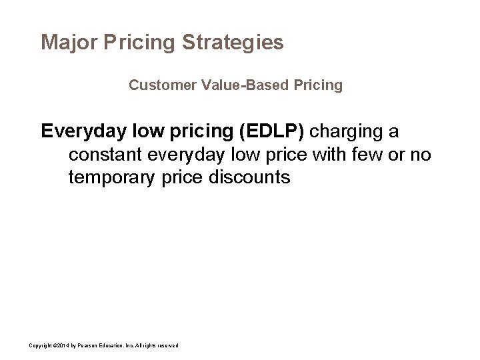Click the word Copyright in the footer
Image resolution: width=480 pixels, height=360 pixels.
(x=39, y=345)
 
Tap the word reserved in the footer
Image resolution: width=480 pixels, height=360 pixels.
(x=166, y=345)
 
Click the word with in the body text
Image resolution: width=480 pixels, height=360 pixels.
(x=338, y=155)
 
